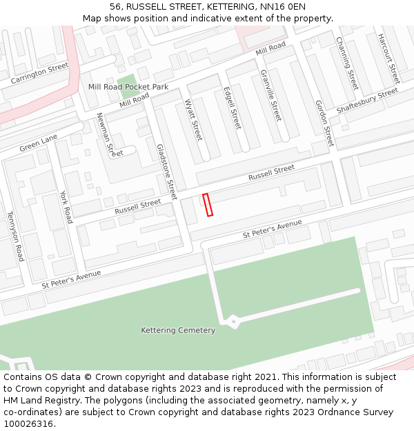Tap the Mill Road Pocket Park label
click(x=128, y=87)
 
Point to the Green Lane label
click(x=39, y=143)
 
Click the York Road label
click(x=66, y=207)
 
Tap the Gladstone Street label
click(x=167, y=168)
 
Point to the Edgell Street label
click(x=233, y=108)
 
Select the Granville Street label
click(x=271, y=95)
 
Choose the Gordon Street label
click(x=324, y=122)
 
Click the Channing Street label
click(x=347, y=63)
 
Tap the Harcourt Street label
click(x=388, y=59)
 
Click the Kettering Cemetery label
click(x=178, y=330)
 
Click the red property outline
click(x=208, y=205)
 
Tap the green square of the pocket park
click(x=126, y=87)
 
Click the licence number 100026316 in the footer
click(x=30, y=424)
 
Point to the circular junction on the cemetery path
click(x=234, y=321)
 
